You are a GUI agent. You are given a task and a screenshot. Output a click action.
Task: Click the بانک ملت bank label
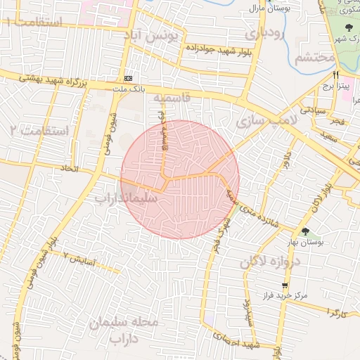128,89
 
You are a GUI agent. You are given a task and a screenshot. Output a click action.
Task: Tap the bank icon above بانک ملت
128,77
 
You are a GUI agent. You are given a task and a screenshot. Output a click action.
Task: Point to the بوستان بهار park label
305,243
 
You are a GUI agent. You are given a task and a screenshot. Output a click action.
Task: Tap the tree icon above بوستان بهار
305,231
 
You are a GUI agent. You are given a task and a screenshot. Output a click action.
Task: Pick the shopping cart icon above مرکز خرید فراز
285,286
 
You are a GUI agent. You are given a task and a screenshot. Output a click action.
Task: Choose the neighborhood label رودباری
264,34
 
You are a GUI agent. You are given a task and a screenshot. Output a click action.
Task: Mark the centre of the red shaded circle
180,179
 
